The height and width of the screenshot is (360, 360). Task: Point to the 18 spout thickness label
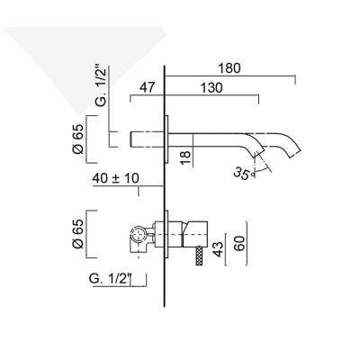click(184, 158)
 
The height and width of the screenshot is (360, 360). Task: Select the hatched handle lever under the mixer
click(198, 256)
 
